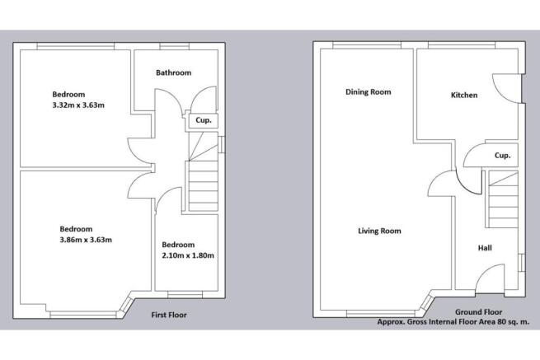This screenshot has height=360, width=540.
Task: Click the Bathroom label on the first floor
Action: click(x=174, y=73)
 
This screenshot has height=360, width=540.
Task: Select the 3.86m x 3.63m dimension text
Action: click(x=85, y=240)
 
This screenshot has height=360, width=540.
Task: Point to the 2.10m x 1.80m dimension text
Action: click(x=187, y=255)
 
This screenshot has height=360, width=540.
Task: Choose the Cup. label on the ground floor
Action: click(x=501, y=155)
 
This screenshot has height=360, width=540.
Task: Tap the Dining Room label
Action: click(x=368, y=92)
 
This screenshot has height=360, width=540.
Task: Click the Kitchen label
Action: click(x=464, y=96)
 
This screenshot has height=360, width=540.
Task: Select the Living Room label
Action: click(x=379, y=231)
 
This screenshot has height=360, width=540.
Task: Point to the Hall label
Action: click(x=487, y=246)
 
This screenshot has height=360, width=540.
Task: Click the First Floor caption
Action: click(x=170, y=315)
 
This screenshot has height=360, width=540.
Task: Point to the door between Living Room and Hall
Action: click(x=444, y=184)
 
